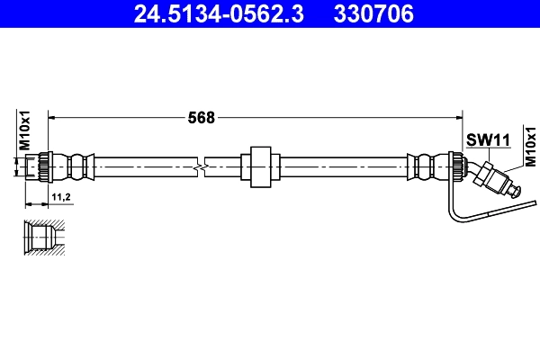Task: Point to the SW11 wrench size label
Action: [488, 139]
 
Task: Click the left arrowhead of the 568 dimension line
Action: [51, 117]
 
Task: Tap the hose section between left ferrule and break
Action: [144, 166]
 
